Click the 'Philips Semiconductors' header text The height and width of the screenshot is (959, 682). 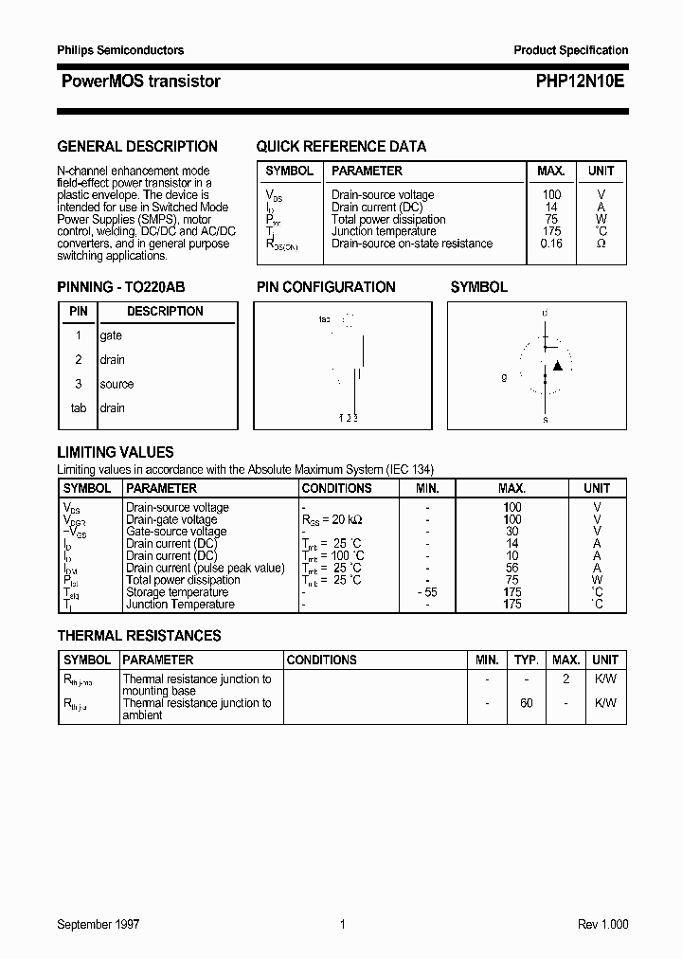120,50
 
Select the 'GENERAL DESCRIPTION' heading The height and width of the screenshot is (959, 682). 137,147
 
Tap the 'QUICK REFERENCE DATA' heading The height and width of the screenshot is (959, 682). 341,147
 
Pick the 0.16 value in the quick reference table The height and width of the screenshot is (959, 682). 550,244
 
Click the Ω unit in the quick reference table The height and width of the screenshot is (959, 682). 601,244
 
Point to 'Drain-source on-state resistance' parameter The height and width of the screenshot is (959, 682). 412,244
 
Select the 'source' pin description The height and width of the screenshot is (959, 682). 117,384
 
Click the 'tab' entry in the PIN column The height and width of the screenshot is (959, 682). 79,408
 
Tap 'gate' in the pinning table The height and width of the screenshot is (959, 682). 111,335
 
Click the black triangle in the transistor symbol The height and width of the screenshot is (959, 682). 558,365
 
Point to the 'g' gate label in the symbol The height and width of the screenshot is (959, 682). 504,377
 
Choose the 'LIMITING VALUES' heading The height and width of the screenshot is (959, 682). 116,453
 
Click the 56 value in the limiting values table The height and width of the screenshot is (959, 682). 512,568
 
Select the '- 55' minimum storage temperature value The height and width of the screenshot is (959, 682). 427,592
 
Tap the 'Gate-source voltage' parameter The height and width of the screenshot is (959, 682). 176,532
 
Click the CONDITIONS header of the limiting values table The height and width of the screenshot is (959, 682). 336,488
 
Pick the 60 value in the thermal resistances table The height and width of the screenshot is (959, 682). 527,703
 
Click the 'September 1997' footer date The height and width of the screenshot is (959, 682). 98,925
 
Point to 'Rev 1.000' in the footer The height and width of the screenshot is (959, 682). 602,925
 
